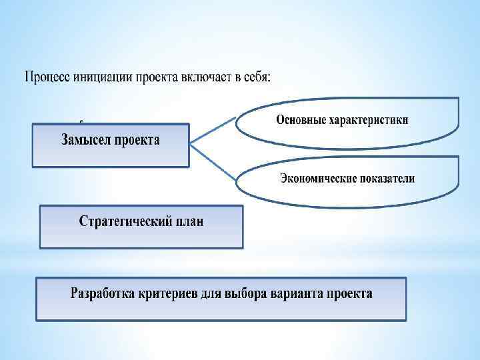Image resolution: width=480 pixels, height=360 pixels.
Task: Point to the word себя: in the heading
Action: (x=254, y=77)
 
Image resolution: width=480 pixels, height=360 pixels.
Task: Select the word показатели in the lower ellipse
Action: (x=386, y=178)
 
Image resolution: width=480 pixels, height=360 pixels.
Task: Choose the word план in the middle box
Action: (x=188, y=221)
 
